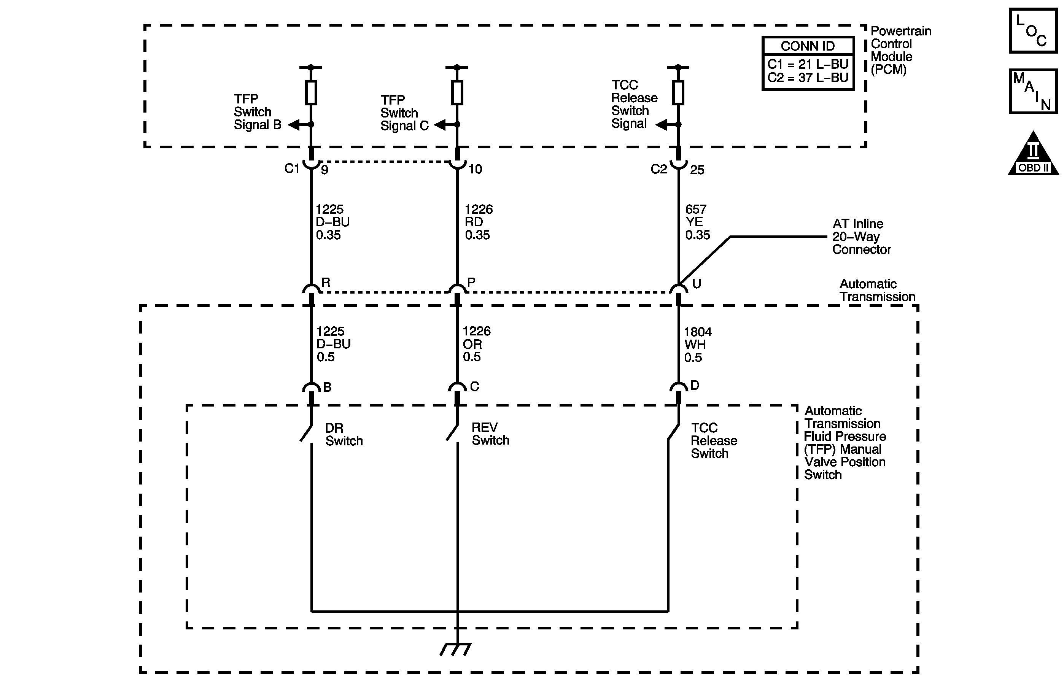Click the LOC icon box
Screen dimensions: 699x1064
coord(1033,30)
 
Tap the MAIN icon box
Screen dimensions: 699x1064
coord(1033,91)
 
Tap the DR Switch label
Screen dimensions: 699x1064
coord(344,434)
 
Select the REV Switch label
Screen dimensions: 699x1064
coord(490,434)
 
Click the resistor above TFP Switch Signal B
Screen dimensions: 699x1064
coord(311,92)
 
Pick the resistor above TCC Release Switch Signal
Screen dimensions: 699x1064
coord(678,92)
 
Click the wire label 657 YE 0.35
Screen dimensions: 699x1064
coord(697,222)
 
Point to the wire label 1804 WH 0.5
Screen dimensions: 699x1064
coord(697,345)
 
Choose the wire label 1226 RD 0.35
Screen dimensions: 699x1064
coord(478,222)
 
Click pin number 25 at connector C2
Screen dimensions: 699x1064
coord(697,170)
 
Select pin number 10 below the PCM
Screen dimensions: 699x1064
coord(475,169)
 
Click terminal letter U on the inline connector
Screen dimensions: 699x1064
coord(696,284)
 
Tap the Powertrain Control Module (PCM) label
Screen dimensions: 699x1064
coord(900,50)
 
